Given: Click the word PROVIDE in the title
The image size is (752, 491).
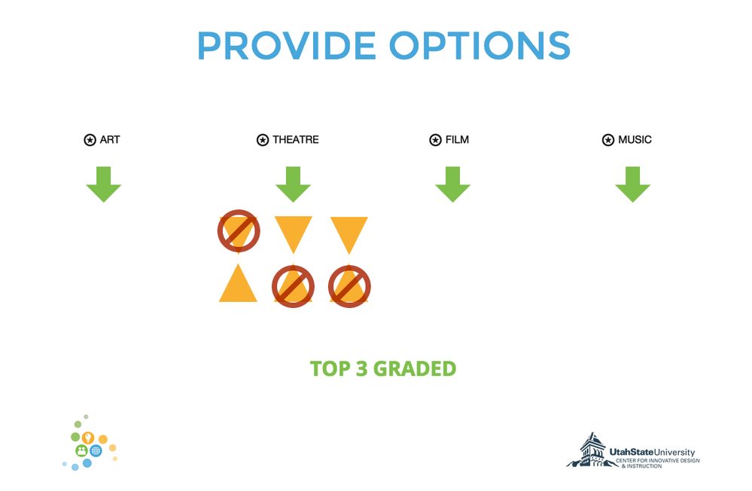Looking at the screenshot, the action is [x=287, y=46].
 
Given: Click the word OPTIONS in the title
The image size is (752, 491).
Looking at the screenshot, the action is [x=480, y=46].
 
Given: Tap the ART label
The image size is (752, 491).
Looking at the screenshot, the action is [x=110, y=139].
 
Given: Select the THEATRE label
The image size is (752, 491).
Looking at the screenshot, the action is [x=295, y=139].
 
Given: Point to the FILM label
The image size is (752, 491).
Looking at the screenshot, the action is [x=457, y=139].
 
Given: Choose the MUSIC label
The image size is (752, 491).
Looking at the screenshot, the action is [x=635, y=139].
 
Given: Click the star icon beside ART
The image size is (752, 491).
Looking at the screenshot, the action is [x=90, y=140].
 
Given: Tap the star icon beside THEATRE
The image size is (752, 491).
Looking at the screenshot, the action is [x=263, y=140].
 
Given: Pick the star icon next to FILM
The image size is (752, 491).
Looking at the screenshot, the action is [x=435, y=140].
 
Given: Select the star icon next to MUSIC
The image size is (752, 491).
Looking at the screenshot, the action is [x=607, y=140].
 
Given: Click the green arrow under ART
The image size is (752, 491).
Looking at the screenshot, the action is [x=104, y=185].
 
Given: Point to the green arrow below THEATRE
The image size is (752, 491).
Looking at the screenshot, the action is [x=293, y=185].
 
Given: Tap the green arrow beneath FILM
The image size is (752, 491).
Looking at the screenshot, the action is [x=452, y=185].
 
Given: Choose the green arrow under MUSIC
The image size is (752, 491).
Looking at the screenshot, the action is [x=632, y=185].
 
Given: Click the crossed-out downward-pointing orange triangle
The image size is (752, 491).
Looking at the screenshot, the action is [x=239, y=231].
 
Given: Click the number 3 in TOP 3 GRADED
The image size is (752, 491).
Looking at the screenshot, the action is [x=361, y=369].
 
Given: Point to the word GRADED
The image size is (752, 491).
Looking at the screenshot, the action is [x=415, y=369].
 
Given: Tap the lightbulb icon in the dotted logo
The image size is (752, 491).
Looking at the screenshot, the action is [x=87, y=438].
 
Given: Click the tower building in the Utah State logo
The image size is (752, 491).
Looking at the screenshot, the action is [x=592, y=450].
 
